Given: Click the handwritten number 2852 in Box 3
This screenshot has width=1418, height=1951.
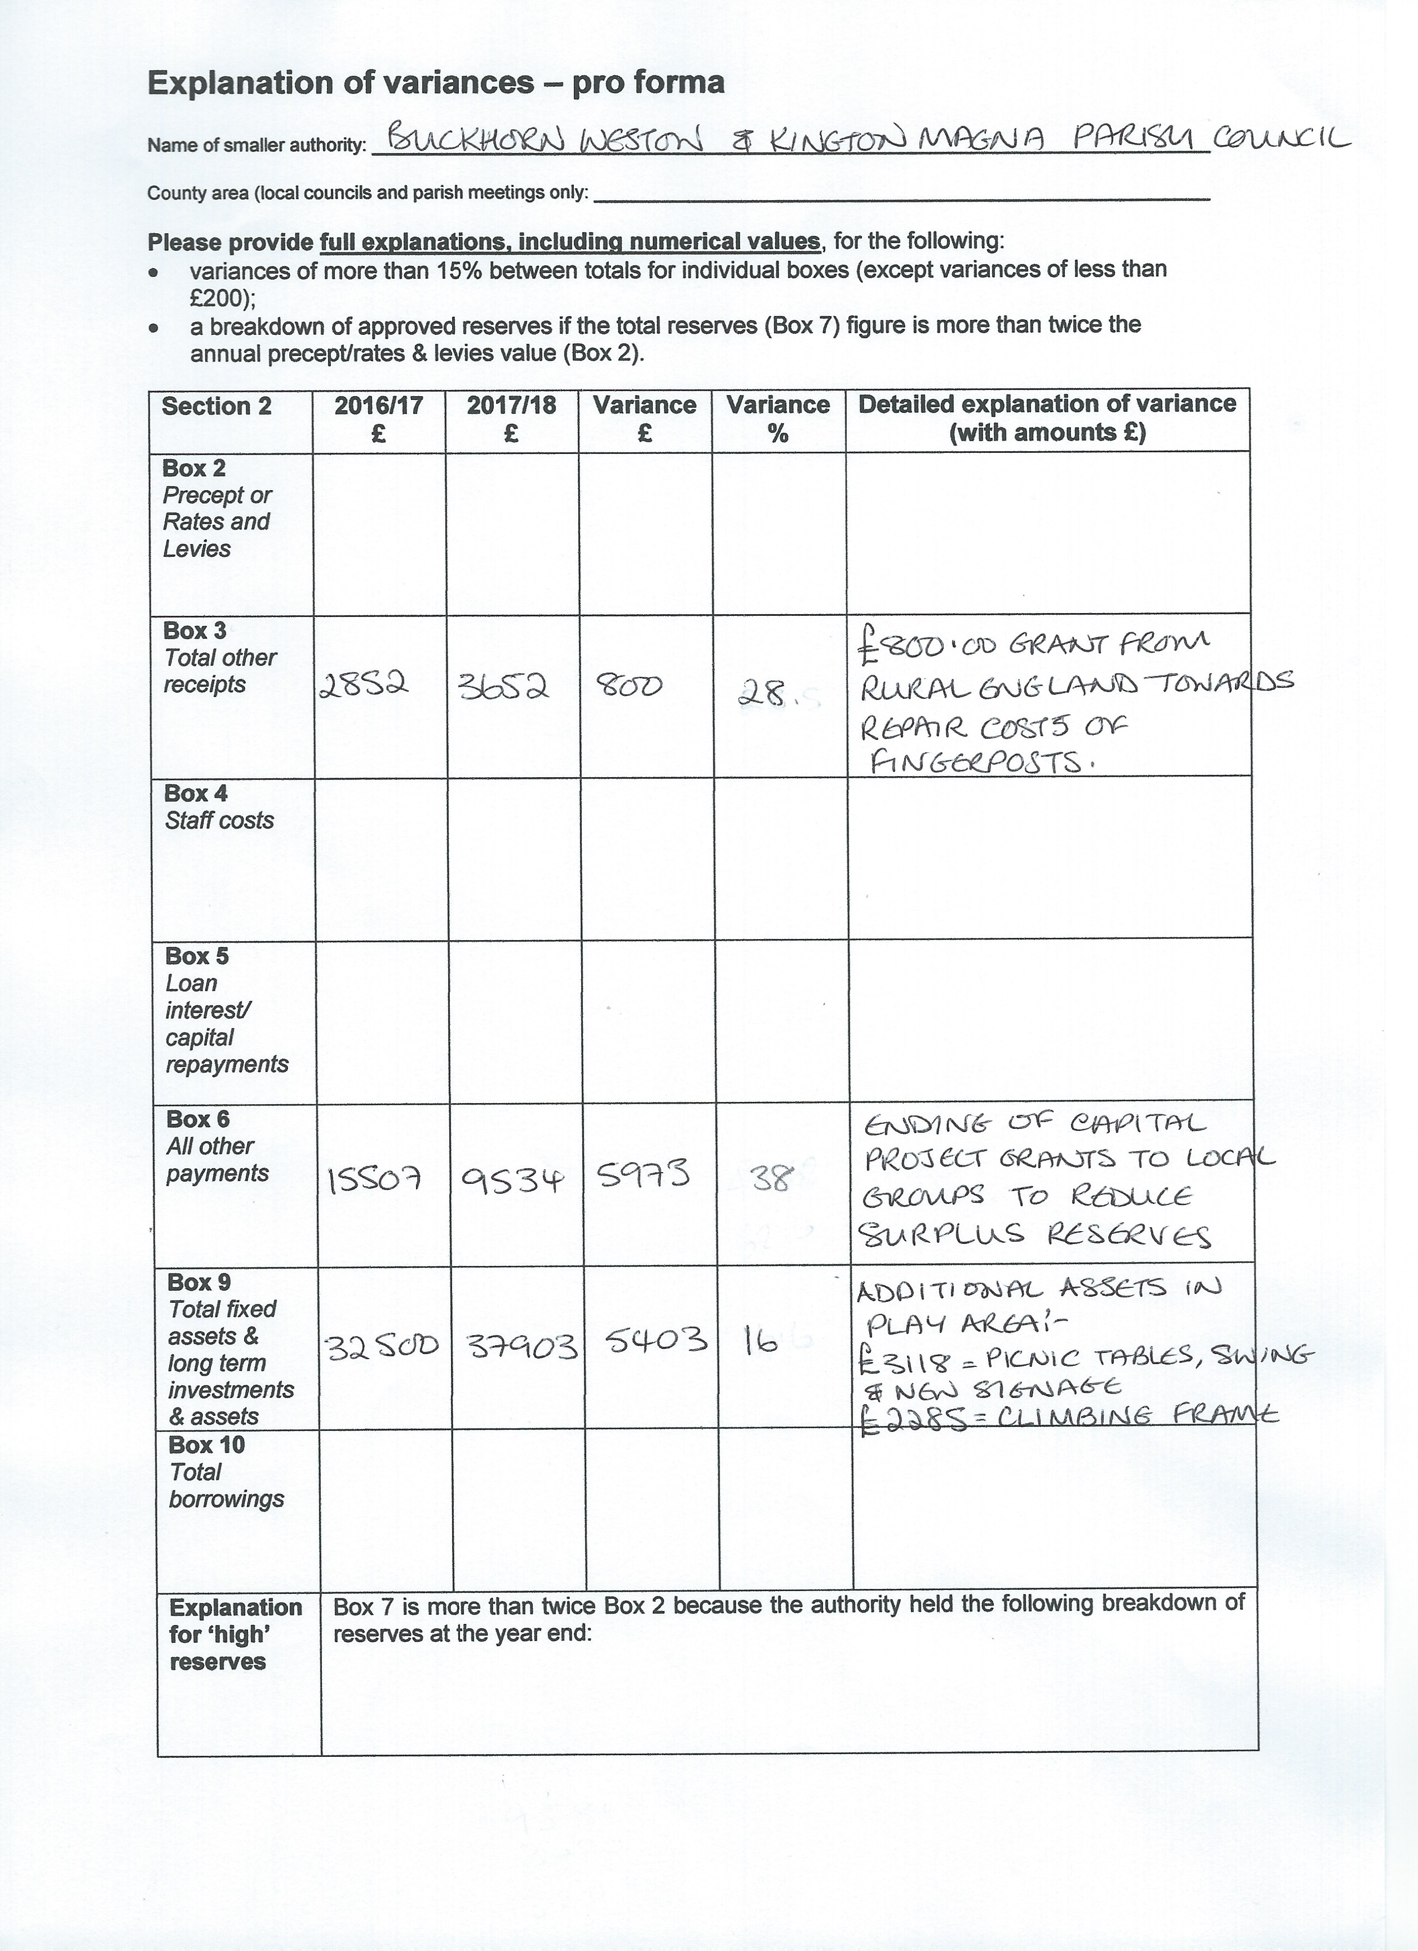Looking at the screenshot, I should click(x=362, y=685).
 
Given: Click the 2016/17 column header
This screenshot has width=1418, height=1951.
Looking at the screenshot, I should click(x=378, y=419).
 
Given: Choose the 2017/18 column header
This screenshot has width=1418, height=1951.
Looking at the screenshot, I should click(x=512, y=419).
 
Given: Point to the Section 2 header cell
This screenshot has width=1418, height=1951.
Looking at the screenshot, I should click(x=217, y=406).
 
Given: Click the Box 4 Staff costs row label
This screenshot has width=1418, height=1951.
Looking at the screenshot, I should click(x=219, y=807).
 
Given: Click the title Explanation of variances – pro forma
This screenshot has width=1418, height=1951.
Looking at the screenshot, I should click(x=436, y=82).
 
